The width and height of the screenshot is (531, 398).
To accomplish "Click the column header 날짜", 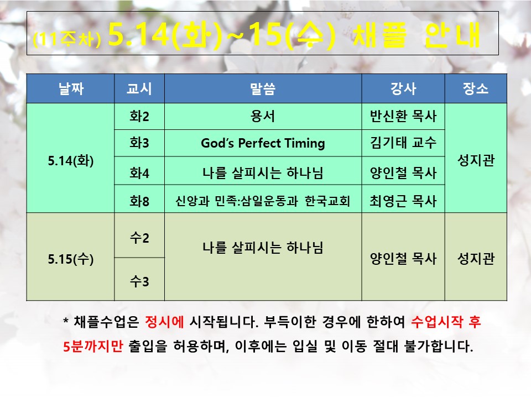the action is click(x=71, y=88).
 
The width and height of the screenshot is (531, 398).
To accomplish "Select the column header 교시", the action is click(x=139, y=88).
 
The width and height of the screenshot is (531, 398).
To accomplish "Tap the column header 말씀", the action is click(x=263, y=88).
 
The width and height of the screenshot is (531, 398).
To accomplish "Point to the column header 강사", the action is click(x=403, y=88).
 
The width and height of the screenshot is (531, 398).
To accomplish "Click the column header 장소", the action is click(x=476, y=88).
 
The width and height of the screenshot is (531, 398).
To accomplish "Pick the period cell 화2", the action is click(x=139, y=117).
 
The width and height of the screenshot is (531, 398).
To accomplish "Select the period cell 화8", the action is click(x=139, y=201).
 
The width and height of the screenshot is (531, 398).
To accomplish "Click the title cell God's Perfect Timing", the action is click(x=263, y=143).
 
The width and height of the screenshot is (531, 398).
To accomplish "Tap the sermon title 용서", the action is click(x=263, y=117).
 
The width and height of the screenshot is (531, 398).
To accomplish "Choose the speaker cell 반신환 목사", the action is click(x=403, y=117).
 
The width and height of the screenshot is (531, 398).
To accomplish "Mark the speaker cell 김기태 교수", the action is click(x=403, y=143).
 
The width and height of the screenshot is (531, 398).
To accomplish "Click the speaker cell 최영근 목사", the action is click(x=403, y=201).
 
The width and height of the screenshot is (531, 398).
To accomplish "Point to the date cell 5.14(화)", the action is click(x=71, y=160).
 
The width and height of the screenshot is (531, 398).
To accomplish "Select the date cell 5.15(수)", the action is click(x=71, y=259).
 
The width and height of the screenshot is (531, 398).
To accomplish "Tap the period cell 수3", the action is click(x=139, y=281).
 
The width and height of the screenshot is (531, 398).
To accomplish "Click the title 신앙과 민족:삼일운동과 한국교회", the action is click(x=263, y=201).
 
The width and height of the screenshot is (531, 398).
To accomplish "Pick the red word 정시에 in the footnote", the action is click(x=164, y=322).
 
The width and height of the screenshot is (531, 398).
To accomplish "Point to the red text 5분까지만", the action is click(x=93, y=346).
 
